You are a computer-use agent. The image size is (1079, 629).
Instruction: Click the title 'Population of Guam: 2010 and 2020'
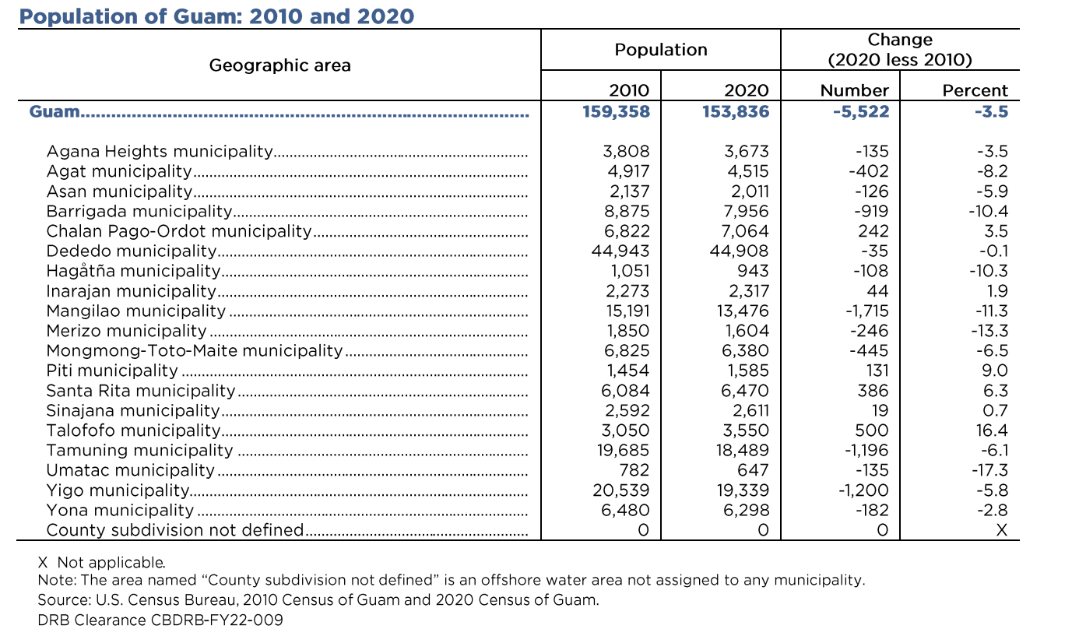pos(216,16)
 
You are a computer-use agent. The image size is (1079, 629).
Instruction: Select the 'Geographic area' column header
pos(279,65)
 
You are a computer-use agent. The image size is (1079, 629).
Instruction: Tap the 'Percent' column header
pos(975,90)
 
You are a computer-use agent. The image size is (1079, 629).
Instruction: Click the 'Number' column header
pos(854,90)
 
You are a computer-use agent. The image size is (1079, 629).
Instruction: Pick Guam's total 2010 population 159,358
pos(616,111)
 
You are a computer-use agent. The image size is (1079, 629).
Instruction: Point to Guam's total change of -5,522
pos(860,111)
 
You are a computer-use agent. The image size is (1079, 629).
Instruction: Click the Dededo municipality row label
pos(131,251)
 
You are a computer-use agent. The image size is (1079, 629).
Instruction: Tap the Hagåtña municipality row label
pos(133,271)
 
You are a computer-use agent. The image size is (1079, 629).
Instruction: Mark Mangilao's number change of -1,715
pos(866,311)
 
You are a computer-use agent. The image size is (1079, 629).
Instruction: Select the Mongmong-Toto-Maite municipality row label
pos(194,351)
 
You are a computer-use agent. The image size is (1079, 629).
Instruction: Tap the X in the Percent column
pos(1001,530)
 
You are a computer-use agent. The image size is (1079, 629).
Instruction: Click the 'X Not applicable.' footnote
pos(101,562)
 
